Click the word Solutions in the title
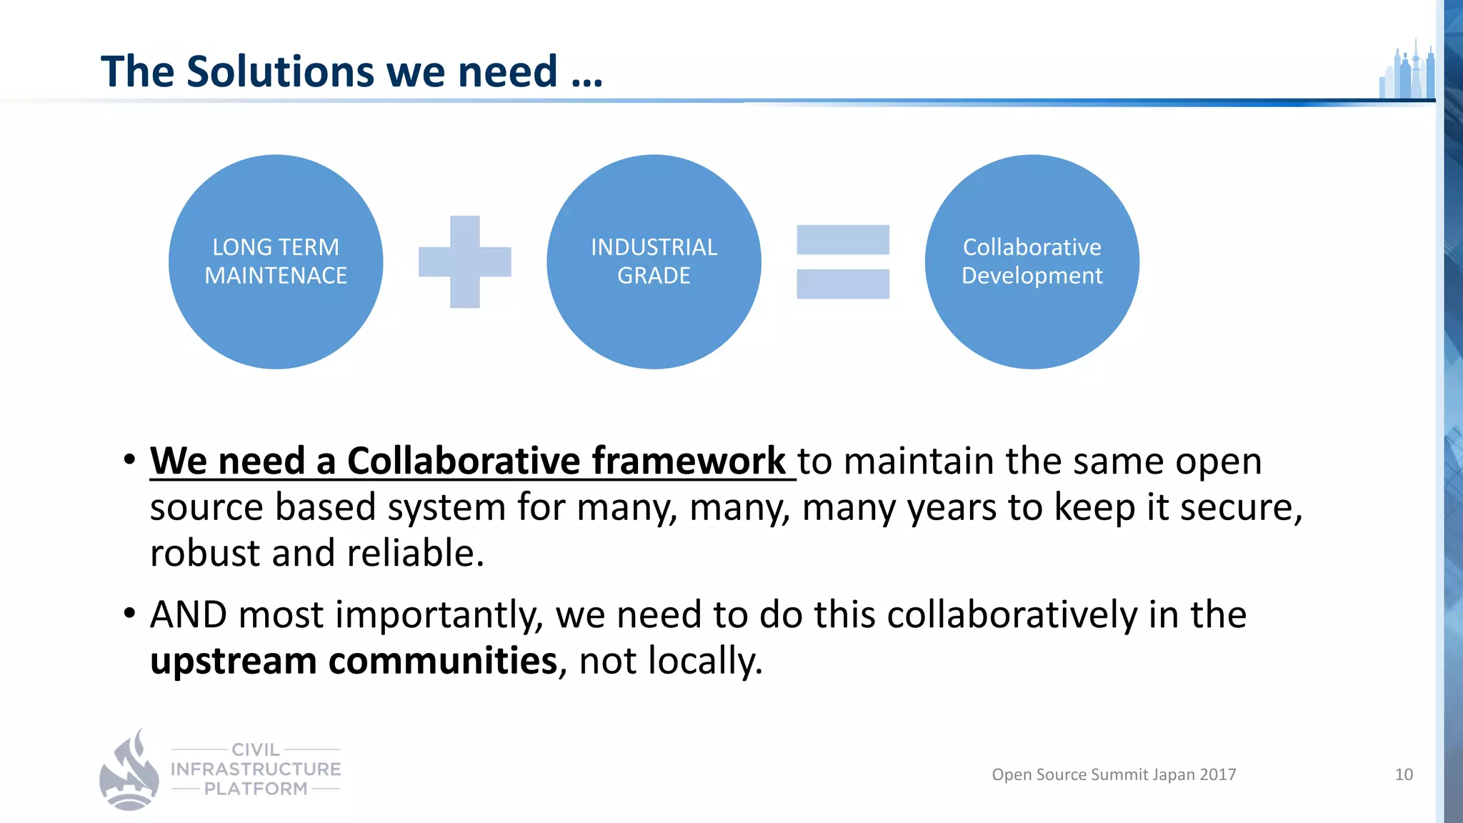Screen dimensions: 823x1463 click(x=280, y=71)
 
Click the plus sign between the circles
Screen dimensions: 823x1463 click(x=465, y=261)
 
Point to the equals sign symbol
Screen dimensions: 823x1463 click(x=843, y=261)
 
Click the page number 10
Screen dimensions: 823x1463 click(x=1404, y=774)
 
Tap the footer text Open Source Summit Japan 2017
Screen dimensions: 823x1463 click(x=1114, y=774)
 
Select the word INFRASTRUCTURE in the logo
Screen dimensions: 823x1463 click(x=256, y=769)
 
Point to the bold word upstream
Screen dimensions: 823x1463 click(x=233, y=661)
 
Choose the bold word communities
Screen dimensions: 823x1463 click(x=442, y=661)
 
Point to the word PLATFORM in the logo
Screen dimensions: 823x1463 click(x=256, y=789)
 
